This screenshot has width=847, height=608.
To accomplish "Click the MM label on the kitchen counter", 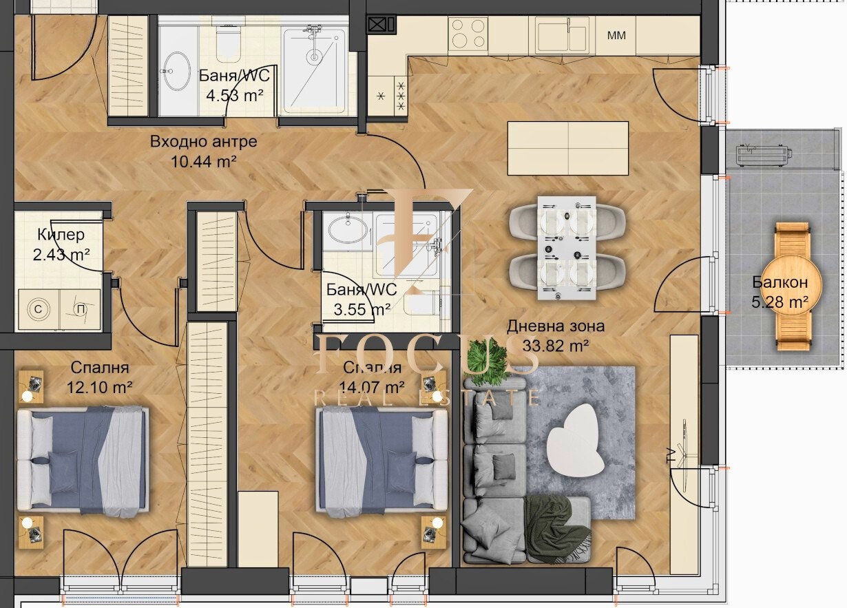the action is click(x=616, y=36).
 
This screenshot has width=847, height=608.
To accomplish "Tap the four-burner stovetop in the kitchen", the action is click(x=468, y=34).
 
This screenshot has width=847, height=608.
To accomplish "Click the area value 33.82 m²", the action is click(x=556, y=345).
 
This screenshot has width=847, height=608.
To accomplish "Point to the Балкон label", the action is click(x=780, y=282).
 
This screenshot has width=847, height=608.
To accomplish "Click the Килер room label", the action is click(x=61, y=235).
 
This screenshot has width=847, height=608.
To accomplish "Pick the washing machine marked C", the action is click(x=39, y=309).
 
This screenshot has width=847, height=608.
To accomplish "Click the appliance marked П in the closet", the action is click(x=80, y=309).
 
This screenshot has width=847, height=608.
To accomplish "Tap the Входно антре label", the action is click(x=203, y=142).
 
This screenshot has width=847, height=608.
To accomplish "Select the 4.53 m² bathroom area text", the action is click(x=234, y=96).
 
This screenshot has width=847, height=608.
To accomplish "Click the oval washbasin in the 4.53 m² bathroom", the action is click(x=177, y=71).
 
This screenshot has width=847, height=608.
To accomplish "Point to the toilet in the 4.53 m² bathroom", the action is click(x=229, y=43).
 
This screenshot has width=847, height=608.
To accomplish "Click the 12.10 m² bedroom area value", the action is click(x=99, y=387).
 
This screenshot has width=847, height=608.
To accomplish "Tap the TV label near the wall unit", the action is click(x=671, y=456).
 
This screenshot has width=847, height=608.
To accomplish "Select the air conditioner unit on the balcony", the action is click(x=764, y=155).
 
